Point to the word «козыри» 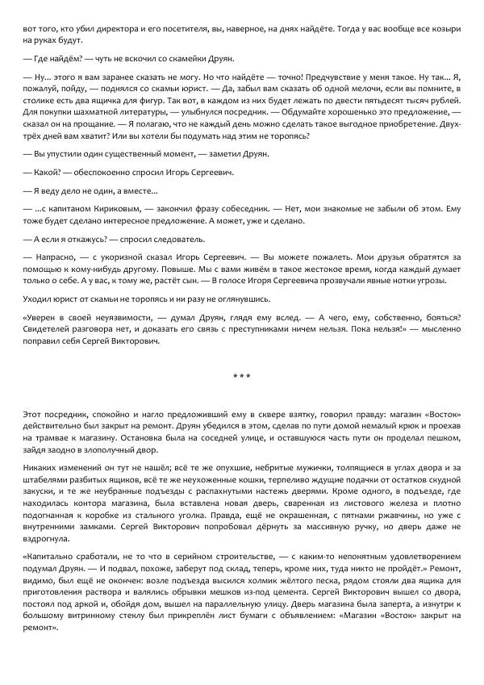(444, 28)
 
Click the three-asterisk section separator (241, 376)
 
